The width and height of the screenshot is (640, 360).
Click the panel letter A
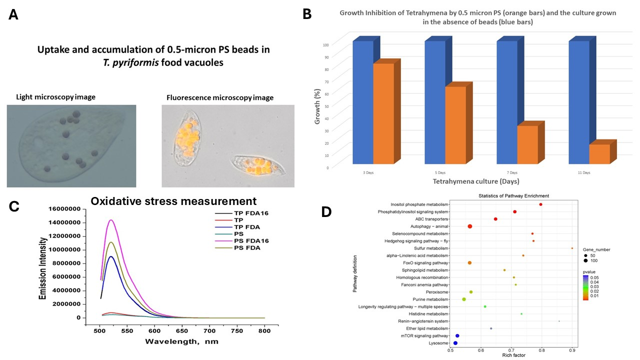click(14, 14)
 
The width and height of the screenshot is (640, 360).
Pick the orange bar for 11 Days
click(599, 154)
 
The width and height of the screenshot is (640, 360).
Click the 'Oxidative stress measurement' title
click(173, 201)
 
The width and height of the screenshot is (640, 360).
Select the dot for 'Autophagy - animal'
click(470, 226)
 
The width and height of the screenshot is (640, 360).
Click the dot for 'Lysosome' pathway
click(455, 343)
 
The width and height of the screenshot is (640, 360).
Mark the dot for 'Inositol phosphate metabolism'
click(541, 204)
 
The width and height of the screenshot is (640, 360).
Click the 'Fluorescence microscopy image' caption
click(220, 97)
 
